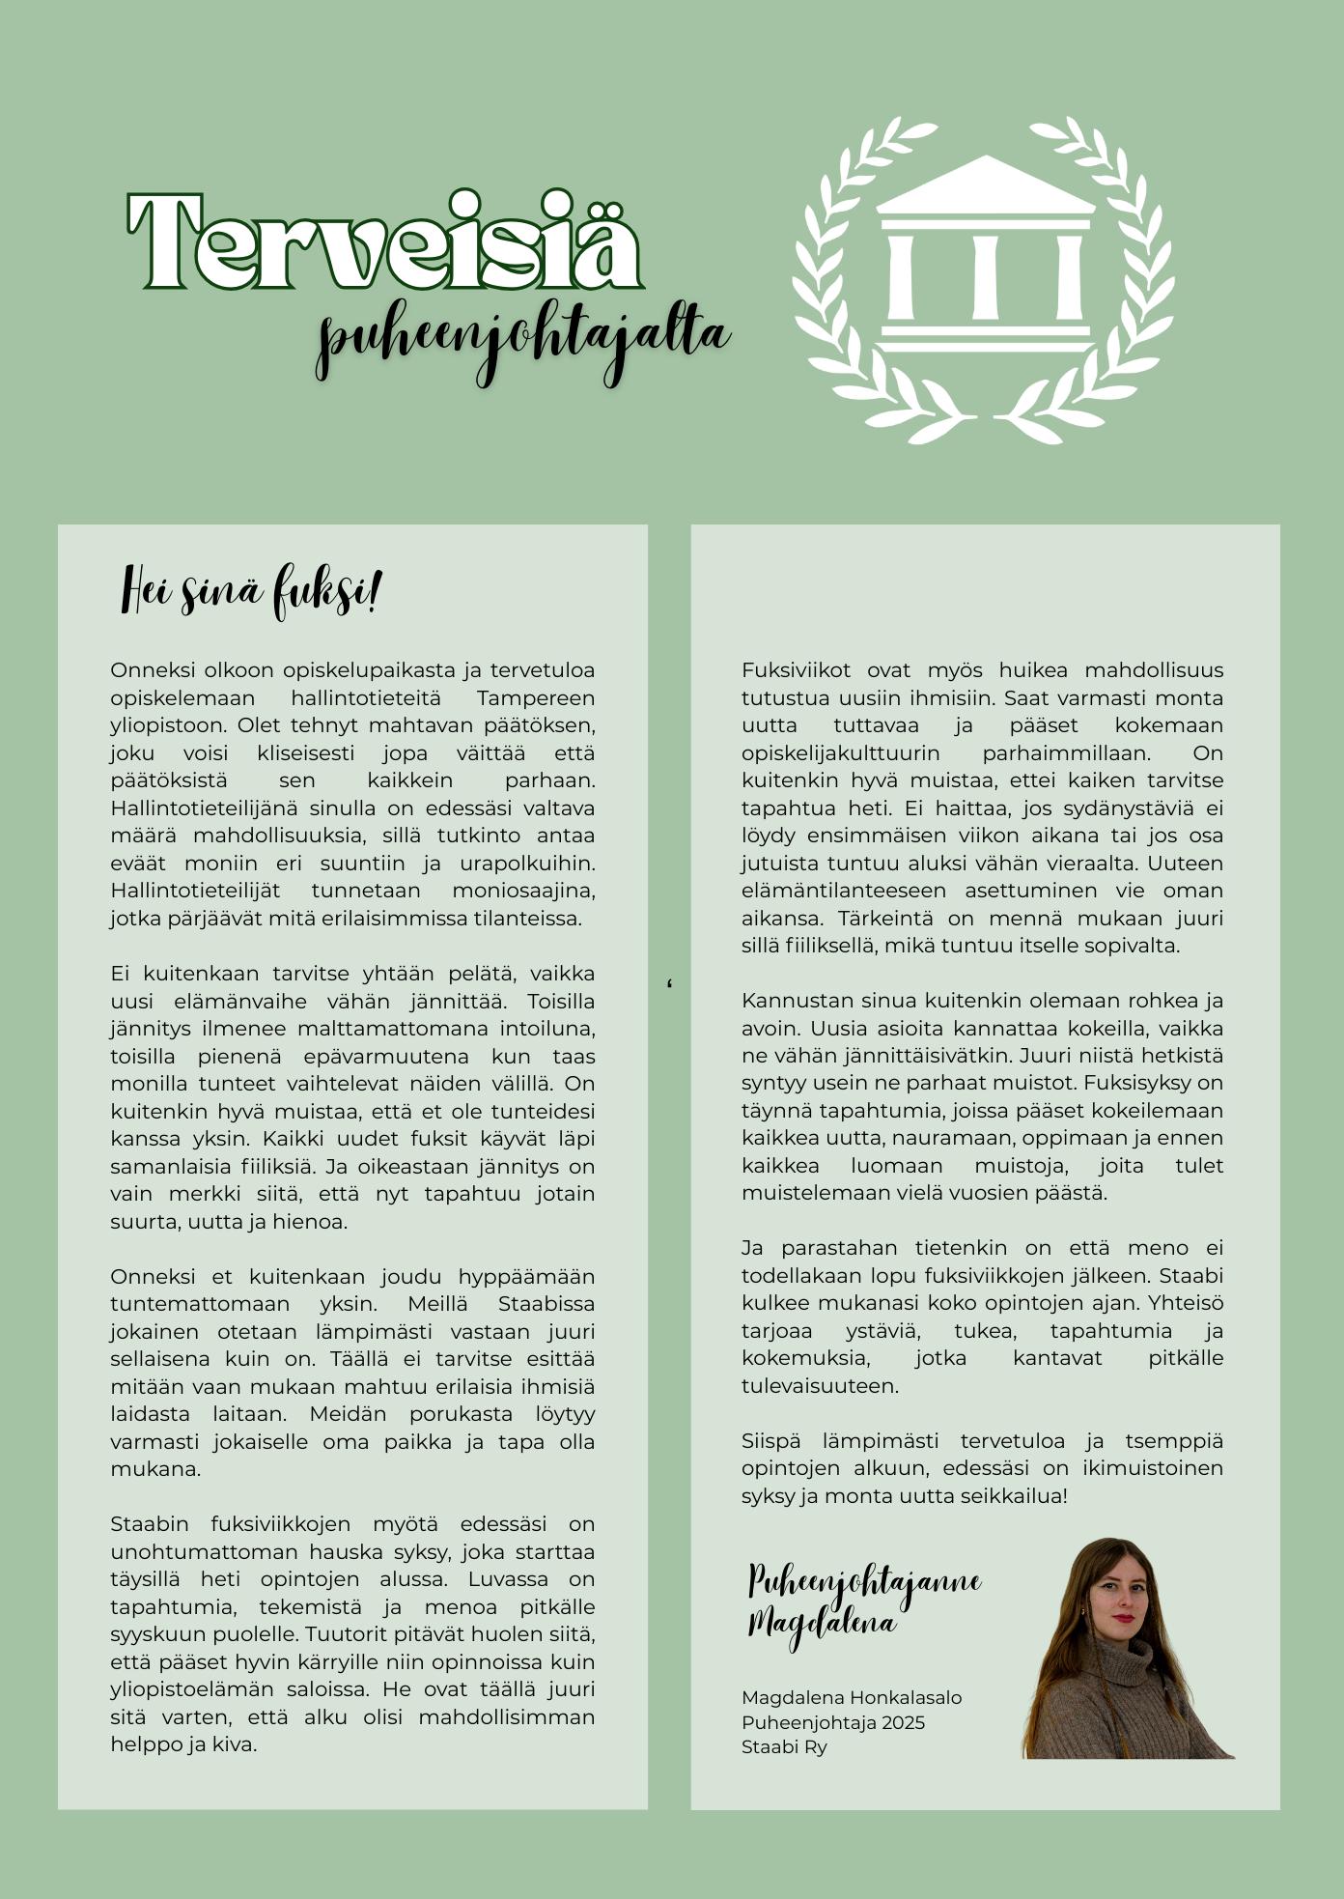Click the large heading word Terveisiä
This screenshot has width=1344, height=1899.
(x=384, y=241)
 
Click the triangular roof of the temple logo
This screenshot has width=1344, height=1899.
(x=984, y=185)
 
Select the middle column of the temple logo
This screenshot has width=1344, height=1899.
(x=985, y=276)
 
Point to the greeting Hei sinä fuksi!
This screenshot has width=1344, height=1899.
(x=251, y=591)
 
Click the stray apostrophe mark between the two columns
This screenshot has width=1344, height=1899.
(x=669, y=984)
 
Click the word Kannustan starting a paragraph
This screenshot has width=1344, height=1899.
(x=783, y=1001)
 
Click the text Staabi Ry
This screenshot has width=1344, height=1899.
(x=784, y=1747)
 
